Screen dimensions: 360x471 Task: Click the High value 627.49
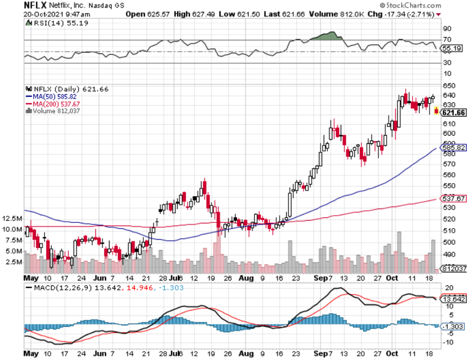pyautogui.click(x=206, y=15)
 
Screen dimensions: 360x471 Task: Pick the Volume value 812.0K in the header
pyautogui.click(x=351, y=15)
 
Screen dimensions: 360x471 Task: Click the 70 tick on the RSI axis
pyautogui.click(x=446, y=40)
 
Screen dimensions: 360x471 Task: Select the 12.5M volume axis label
pyautogui.click(x=12, y=219)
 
